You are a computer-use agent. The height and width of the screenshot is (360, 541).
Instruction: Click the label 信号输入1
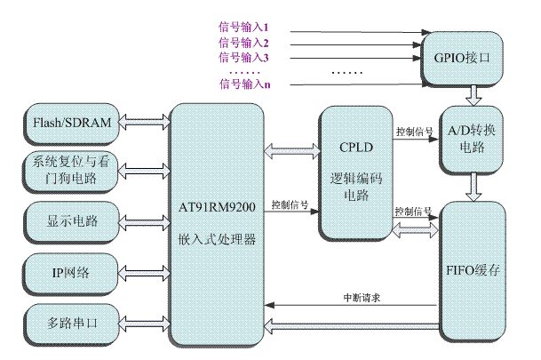click(x=243, y=28)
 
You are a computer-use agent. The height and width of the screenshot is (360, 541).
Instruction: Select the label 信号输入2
click(x=243, y=43)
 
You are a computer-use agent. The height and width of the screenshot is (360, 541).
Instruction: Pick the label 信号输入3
click(x=243, y=57)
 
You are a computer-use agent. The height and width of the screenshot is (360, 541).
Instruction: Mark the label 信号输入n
click(x=243, y=84)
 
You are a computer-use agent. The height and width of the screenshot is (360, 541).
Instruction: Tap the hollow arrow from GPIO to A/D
click(x=473, y=93)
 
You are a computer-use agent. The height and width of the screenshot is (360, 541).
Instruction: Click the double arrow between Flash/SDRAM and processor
click(x=143, y=122)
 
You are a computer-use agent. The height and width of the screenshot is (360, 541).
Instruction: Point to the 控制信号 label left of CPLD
click(x=290, y=204)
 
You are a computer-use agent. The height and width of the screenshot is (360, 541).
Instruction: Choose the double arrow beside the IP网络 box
click(x=143, y=268)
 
